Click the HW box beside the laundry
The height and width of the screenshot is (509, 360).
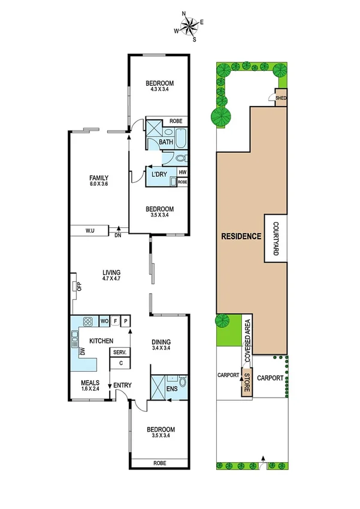[x=182, y=173]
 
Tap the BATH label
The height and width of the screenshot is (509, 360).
[x=166, y=142]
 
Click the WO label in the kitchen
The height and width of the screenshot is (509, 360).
[x=104, y=322]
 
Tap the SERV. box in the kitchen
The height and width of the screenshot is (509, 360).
[x=119, y=353]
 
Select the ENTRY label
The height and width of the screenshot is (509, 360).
[x=123, y=385]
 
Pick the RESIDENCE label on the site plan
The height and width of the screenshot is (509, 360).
[x=241, y=236]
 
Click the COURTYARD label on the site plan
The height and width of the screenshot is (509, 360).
[x=276, y=240]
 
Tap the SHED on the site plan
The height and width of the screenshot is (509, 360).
[x=280, y=99]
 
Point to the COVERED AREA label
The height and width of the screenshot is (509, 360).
[x=247, y=339]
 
